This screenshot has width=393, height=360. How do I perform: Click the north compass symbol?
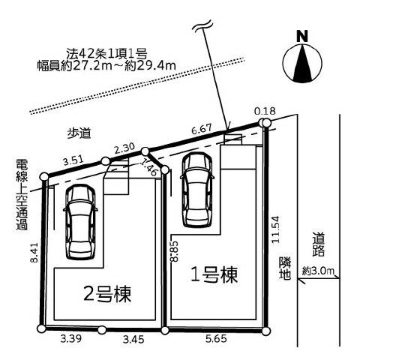pos(302,63)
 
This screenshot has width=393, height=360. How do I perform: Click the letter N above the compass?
pos(302,36)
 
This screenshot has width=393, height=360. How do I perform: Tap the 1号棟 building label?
pos(214,274)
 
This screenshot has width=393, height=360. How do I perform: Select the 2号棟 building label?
pos(107,294)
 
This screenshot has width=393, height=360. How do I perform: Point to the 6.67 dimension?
pos(202,129)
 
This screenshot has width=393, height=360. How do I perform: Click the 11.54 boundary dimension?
pos(275,229)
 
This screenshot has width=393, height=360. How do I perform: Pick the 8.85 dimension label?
pos(174,251)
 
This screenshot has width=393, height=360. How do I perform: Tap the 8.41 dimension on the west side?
pos(34,252)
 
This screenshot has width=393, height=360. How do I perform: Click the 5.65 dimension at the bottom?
pos(216,339)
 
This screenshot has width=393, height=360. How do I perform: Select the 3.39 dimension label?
pos(71,339)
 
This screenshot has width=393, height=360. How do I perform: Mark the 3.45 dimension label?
pos(133,340)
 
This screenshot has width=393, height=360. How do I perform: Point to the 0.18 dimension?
pos(265,111)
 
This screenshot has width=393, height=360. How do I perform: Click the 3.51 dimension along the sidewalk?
pos(73,160)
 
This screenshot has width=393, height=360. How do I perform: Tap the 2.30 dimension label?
pos(124,148)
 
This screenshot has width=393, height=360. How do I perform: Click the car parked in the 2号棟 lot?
pos(81,222)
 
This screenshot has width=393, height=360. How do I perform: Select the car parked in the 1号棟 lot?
pos(197,190)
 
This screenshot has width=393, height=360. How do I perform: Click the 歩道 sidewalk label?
pos(79,133)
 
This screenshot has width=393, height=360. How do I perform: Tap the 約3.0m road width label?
pos(318,271)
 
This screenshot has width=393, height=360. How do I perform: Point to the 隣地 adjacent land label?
pos(285,268)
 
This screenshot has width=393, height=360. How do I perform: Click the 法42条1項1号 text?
pos(106,53)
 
